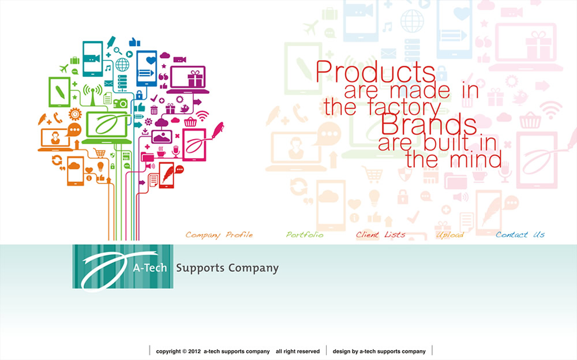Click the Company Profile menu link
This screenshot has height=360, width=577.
tap(219, 235)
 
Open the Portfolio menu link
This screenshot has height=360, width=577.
tap(305, 234)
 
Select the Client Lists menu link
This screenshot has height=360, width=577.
tap(380, 234)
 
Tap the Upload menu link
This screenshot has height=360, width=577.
tap(449, 235)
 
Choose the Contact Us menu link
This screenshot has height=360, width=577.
tap(520, 234)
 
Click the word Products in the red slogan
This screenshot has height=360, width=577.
tap(376, 72)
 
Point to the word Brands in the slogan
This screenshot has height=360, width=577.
tap(429, 125)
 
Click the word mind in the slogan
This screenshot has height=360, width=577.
tap(475, 159)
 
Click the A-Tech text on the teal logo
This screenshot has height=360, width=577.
tap(150, 268)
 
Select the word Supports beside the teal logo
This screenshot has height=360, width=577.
tap(200, 268)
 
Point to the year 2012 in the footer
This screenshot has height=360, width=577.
tap(194, 351)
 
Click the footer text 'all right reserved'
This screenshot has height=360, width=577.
tap(298, 351)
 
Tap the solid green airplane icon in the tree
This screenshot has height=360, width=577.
tap(64, 68)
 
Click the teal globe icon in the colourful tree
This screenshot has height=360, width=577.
tap(122, 65)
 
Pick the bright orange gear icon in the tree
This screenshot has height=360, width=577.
tap(75, 114)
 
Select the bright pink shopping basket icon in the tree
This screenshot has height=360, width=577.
tap(190, 122)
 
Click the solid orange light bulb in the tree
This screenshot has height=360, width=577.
tap(100, 167)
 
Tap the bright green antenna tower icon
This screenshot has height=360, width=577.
tap(92, 95)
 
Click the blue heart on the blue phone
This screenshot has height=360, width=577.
tap(151, 60)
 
